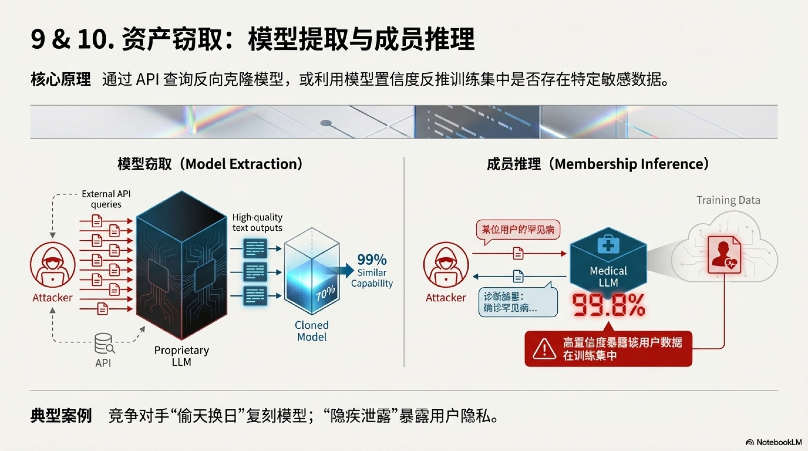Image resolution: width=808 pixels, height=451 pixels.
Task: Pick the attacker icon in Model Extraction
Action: [53, 265]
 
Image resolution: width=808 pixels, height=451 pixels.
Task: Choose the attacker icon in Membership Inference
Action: [446, 265]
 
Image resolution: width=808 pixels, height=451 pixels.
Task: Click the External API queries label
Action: [106, 199]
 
